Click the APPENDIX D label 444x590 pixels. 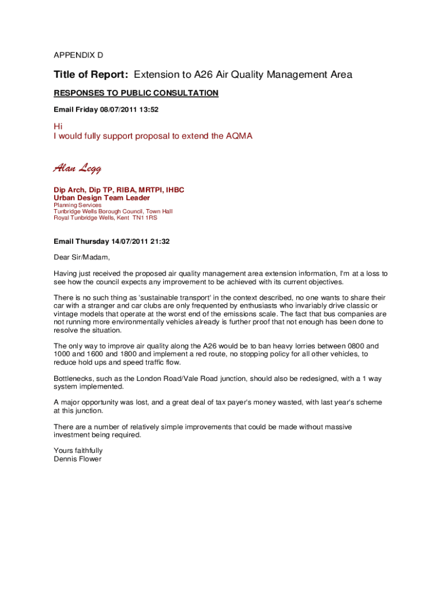(x=78, y=55)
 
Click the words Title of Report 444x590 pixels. (x=91, y=75)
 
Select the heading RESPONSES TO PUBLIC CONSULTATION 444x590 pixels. (x=136, y=93)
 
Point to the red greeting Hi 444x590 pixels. (x=58, y=126)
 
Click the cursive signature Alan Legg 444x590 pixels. (x=77, y=168)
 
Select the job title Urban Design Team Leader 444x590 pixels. (x=101, y=198)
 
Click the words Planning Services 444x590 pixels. (x=77, y=205)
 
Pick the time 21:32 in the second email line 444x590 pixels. (x=159, y=242)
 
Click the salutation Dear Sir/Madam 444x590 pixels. (x=81, y=257)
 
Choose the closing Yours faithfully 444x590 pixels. (x=78, y=451)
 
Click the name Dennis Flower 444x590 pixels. (x=77, y=459)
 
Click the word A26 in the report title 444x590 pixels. (x=204, y=75)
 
